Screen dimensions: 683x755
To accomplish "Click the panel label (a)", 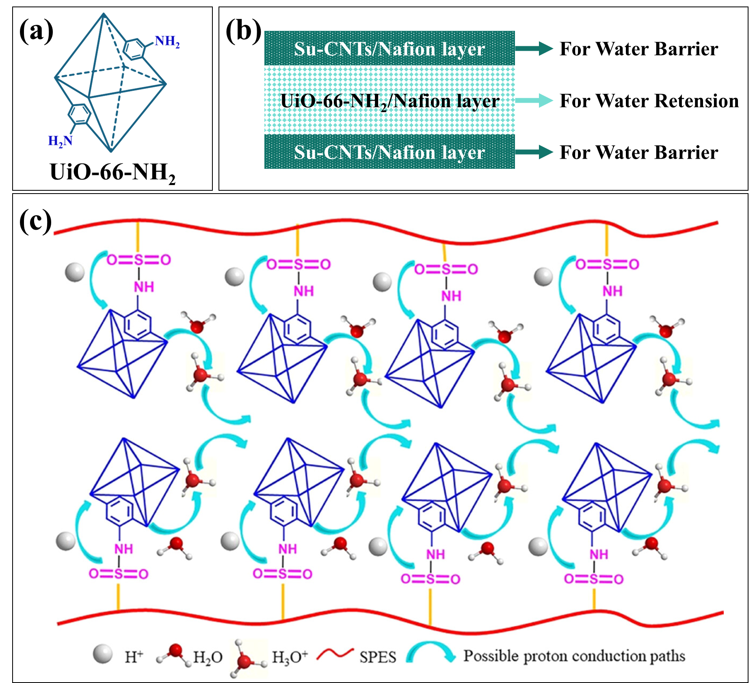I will tap(36, 31).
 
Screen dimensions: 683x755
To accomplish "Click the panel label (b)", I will tap(243, 31).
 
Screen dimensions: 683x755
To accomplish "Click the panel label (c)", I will tap(36, 221).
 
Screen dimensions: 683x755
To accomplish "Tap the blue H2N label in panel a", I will tap(60, 141).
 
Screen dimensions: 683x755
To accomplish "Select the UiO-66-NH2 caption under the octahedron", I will tap(112, 172).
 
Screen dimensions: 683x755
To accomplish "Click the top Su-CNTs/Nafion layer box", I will tap(389, 48).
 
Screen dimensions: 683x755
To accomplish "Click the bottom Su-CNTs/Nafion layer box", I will tap(389, 152).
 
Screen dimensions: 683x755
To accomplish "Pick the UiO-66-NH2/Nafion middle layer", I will tap(389, 100).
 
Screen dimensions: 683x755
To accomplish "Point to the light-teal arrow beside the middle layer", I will tap(534, 100).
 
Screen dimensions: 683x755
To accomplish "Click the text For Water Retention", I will tap(649, 101).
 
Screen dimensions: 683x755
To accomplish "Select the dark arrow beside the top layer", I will tap(534, 49).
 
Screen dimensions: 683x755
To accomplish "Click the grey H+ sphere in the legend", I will tap(102, 654).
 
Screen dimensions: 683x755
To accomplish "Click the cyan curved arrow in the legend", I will tap(431, 652).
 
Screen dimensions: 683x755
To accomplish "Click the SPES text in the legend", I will tap(377, 657).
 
